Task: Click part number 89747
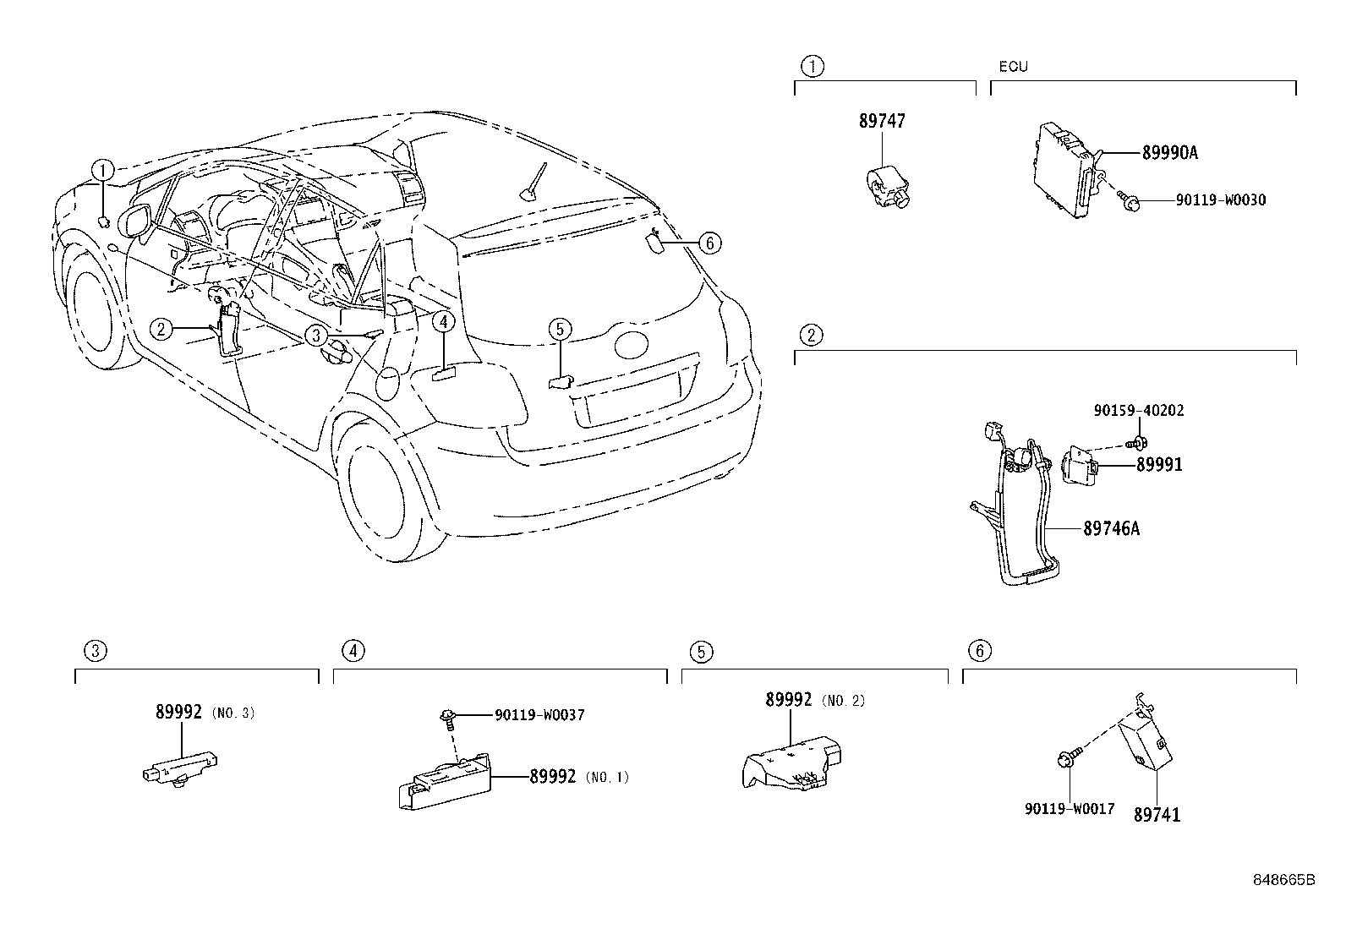[x=882, y=121]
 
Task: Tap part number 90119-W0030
[x=1220, y=200]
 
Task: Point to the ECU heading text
[x=1013, y=67]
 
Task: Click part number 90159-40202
[x=1138, y=411]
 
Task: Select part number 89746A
[x=1111, y=529]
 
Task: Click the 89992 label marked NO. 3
[x=178, y=713]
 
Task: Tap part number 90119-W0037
[x=539, y=715]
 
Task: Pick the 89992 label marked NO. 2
[x=789, y=700]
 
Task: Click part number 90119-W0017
[x=1069, y=809]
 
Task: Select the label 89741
[x=1157, y=815]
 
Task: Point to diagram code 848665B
[x=1283, y=879]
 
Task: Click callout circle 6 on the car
[x=709, y=243]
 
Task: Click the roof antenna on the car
[x=531, y=186]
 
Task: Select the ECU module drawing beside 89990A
[x=1064, y=165]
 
